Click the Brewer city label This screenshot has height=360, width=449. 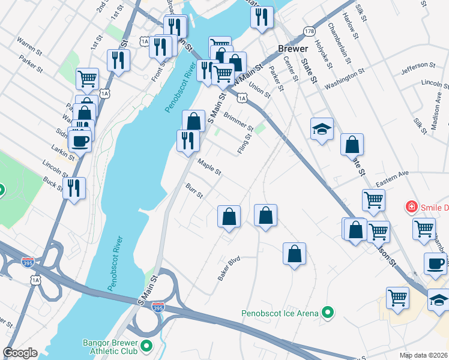pos(293,49)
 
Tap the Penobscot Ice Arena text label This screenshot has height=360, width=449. pos(280,313)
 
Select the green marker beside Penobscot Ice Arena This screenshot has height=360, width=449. pos(327,313)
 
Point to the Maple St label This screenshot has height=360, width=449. pos(209,167)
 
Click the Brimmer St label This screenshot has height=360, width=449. pos(238,120)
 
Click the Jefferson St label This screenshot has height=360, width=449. pos(418,65)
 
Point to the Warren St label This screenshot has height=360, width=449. pos(28,43)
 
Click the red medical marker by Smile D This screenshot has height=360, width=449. pos(412,208)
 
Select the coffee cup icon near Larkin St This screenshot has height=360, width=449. pos(79,141)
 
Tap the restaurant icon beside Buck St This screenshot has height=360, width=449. pos(74,187)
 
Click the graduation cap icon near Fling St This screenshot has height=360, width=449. pos(322,128)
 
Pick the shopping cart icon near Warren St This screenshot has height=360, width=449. pos(88,78)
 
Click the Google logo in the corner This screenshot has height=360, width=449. pos(20,353)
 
